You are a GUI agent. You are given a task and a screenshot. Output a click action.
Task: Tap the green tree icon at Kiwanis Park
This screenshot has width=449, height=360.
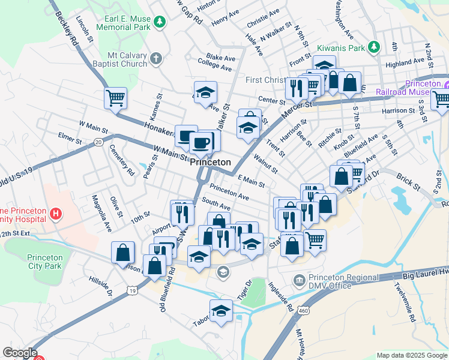(x=374, y=46)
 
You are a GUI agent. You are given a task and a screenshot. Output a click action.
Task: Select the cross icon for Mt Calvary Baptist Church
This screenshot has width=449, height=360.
(x=156, y=58)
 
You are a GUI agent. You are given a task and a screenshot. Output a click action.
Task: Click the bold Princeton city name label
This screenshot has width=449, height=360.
(x=211, y=163)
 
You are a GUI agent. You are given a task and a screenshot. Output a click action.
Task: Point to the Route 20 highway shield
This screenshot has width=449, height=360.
(x=98, y=142)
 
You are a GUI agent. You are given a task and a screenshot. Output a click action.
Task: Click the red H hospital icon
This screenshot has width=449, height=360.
(x=56, y=213)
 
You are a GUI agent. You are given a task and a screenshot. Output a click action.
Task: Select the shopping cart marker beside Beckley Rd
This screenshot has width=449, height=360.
(x=115, y=98)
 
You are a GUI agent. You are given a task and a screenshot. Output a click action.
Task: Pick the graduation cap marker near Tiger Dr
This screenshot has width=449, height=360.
(x=221, y=311)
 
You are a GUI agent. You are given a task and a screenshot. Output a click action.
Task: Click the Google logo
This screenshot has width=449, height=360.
(x=20, y=353)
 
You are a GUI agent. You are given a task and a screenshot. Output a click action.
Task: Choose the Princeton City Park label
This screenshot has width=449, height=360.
(x=45, y=262)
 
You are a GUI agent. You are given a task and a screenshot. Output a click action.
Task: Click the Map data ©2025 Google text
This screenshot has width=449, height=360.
(x=411, y=355)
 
